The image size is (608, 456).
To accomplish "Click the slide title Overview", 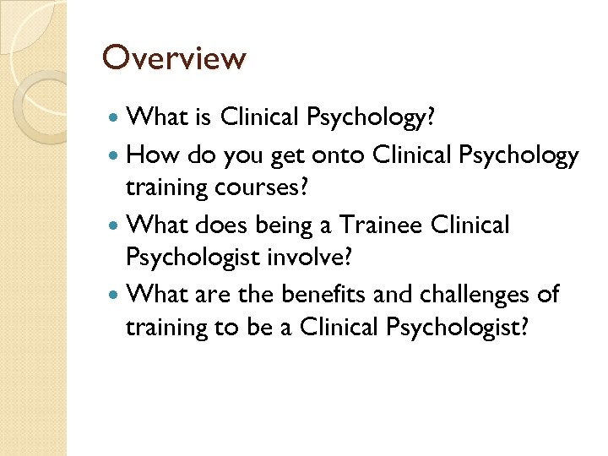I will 174,58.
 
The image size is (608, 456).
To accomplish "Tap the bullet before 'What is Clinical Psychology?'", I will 116,117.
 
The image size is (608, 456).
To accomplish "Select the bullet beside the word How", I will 116,155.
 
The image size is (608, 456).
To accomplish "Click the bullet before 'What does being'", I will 116,225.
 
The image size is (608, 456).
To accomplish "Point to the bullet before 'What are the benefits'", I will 116,295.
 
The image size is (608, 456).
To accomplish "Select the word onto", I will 342,155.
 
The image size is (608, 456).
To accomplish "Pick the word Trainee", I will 385,225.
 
